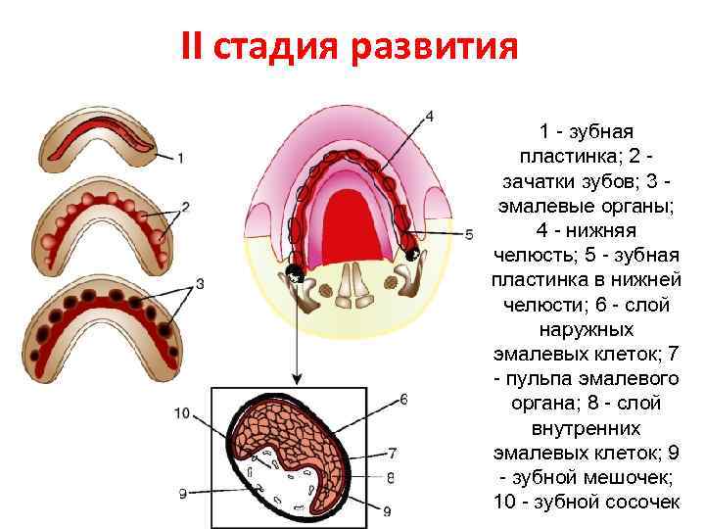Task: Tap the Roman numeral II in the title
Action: (x=193, y=47)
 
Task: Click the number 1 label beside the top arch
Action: (x=182, y=157)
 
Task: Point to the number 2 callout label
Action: (x=186, y=207)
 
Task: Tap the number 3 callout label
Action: (x=200, y=284)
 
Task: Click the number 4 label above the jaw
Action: (x=429, y=117)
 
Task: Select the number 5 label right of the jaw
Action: (x=469, y=234)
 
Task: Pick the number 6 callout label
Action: (x=403, y=400)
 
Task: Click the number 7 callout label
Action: (x=392, y=454)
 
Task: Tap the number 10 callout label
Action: (x=182, y=413)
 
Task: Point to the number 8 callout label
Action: (x=391, y=477)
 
